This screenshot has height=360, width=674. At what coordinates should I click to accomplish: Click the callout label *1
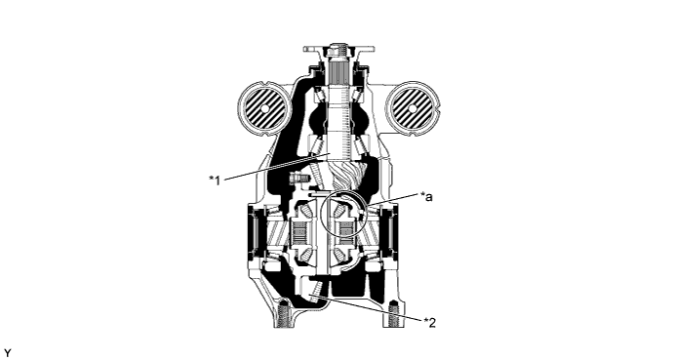point(215,180)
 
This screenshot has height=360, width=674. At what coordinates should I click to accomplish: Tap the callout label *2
point(430,322)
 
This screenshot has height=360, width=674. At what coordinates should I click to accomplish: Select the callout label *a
point(426,197)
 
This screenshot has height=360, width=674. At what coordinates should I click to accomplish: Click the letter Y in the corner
point(8,353)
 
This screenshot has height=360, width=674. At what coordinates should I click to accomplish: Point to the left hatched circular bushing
point(264,108)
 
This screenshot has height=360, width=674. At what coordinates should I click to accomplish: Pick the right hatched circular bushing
point(413,108)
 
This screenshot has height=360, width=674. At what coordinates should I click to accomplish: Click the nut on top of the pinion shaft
point(338,51)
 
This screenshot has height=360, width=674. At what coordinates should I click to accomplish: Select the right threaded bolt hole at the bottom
point(395,315)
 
